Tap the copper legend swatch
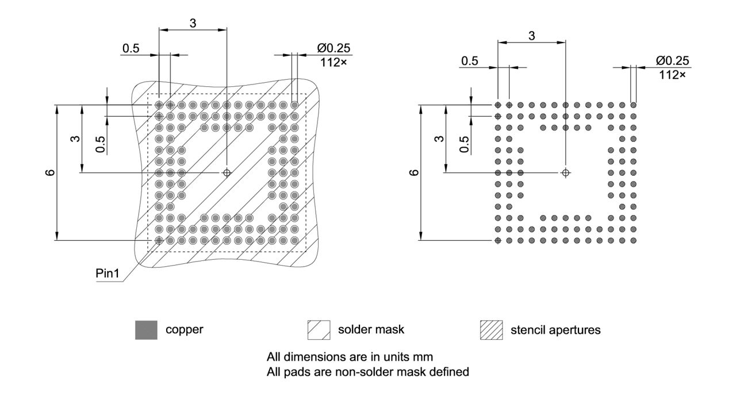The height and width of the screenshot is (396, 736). [x=146, y=330]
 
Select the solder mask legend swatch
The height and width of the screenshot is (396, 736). [x=319, y=330]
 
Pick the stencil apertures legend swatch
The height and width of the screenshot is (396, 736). [x=491, y=330]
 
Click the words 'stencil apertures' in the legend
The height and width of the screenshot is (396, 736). [x=555, y=330]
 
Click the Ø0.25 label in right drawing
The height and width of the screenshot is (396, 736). [x=673, y=60]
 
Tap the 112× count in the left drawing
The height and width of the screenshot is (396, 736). [x=333, y=61]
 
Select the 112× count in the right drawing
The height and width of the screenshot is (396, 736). [x=673, y=74]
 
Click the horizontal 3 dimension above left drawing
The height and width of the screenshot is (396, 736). [x=193, y=23]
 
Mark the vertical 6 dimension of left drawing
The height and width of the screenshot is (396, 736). [x=50, y=172]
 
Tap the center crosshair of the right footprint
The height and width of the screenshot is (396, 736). [x=566, y=172]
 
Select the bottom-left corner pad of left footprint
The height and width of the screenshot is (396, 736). [x=159, y=240]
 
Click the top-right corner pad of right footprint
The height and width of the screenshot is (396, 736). [x=633, y=105]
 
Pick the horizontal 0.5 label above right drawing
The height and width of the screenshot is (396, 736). [x=470, y=61]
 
